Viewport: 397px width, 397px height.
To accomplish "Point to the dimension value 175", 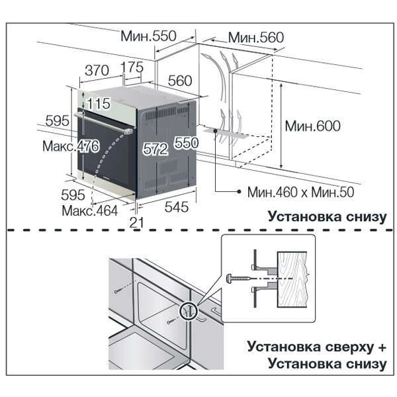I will click(x=132, y=68).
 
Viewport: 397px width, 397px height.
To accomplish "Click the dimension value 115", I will click(x=98, y=103).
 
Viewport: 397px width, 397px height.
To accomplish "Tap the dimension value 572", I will click(x=155, y=150).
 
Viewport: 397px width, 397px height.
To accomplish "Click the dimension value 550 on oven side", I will click(x=187, y=144).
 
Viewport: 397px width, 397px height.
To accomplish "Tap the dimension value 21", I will click(x=137, y=223).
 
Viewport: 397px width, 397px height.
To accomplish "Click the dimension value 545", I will click(x=177, y=207).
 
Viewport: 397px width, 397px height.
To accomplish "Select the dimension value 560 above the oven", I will click(x=179, y=81).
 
